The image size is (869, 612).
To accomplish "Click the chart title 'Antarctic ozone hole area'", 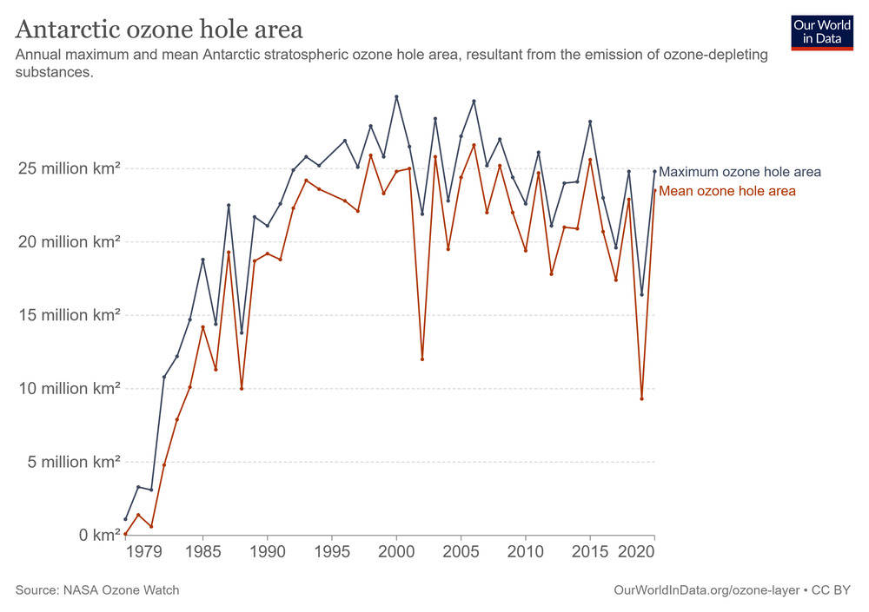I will (159, 30).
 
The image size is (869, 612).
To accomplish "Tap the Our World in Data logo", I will (820, 32).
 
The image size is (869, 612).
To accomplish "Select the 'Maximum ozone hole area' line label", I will (740, 172).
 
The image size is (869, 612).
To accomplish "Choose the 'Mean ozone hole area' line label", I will (727, 191).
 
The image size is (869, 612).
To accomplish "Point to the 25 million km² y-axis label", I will (69, 168).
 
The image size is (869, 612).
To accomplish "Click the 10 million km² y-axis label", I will (69, 388).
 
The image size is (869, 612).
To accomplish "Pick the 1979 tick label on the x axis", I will (138, 552).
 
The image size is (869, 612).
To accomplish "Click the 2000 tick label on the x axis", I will (396, 552).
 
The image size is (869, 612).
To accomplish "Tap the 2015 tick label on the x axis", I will (590, 552).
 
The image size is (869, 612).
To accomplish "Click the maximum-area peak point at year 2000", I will (396, 96).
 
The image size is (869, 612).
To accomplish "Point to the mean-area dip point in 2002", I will (422, 359).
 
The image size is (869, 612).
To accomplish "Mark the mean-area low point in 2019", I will (641, 398).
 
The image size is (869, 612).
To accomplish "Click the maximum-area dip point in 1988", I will (242, 332).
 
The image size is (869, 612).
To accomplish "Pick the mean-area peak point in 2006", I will (474, 145).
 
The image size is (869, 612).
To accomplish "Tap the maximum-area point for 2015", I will (590, 122).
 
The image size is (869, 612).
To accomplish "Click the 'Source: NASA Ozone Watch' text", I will (97, 590).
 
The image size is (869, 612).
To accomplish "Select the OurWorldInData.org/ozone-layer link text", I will (708, 590).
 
